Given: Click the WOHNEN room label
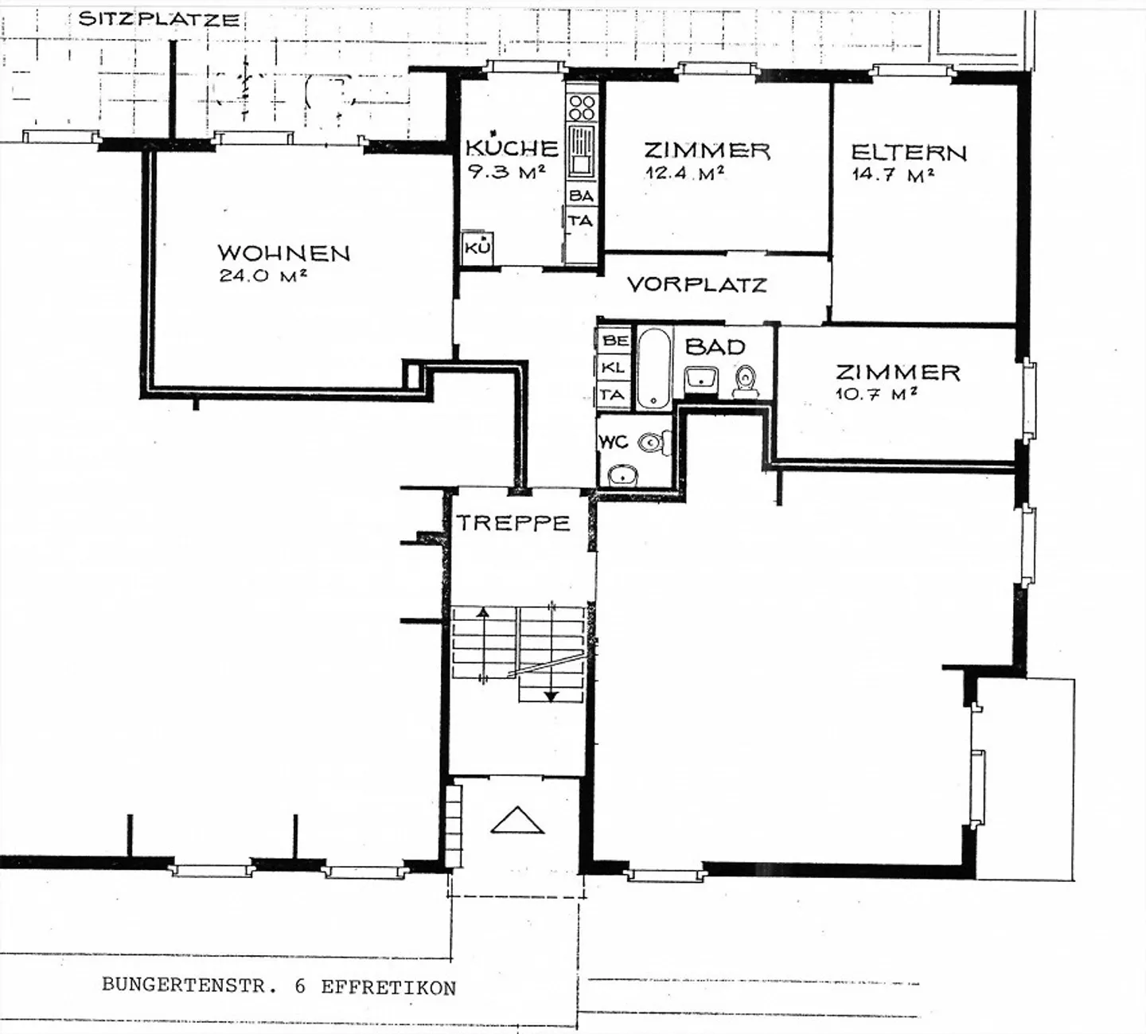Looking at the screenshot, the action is (x=284, y=253).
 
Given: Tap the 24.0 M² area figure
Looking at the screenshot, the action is (x=263, y=276).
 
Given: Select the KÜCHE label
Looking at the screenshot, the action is (x=512, y=147).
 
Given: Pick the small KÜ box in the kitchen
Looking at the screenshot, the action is (x=477, y=248).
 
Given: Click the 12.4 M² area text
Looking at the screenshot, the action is (x=685, y=172).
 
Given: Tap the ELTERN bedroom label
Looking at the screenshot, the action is (x=908, y=153).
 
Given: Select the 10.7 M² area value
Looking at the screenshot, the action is (x=875, y=393).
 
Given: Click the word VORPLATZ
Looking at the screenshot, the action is (x=697, y=285).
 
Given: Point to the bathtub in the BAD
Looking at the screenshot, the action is (x=653, y=368).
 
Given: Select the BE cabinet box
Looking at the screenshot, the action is (x=615, y=341).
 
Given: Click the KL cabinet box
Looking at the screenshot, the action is (x=614, y=368).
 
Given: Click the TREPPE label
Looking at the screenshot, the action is (x=513, y=523).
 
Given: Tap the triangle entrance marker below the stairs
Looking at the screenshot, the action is (x=517, y=820).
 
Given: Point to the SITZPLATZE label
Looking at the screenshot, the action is (x=159, y=19).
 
